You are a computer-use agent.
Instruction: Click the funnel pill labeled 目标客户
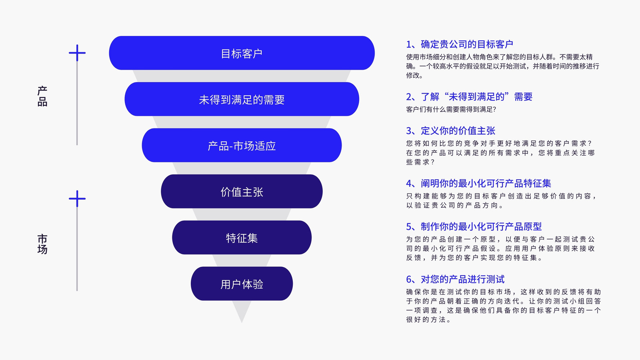(x=242, y=53)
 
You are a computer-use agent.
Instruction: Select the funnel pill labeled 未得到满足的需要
(x=242, y=99)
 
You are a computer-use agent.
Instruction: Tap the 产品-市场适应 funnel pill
(x=242, y=145)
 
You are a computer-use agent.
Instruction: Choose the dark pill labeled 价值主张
(x=242, y=192)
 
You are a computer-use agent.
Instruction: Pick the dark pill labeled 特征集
(x=242, y=238)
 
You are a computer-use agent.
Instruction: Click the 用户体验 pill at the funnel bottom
(x=242, y=284)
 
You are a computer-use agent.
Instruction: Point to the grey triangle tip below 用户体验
(x=242, y=322)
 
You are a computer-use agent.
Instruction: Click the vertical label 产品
(x=42, y=96)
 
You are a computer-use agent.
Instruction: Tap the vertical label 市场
(x=42, y=244)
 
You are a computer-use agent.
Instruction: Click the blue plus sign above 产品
(x=77, y=53)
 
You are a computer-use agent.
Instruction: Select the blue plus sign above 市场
(x=77, y=198)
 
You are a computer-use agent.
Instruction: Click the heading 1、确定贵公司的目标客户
(x=460, y=44)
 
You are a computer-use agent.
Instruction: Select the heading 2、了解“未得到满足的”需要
(x=469, y=97)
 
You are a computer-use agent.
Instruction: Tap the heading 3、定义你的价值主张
(x=450, y=131)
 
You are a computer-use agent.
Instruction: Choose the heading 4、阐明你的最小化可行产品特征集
(x=478, y=184)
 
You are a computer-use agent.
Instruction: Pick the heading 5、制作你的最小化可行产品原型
(x=474, y=227)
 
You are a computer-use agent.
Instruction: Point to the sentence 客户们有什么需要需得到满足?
(x=451, y=110)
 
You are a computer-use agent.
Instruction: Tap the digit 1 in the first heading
(x=409, y=44)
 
